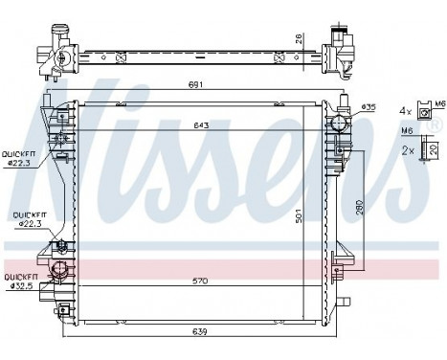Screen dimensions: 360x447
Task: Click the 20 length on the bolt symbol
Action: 435,149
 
